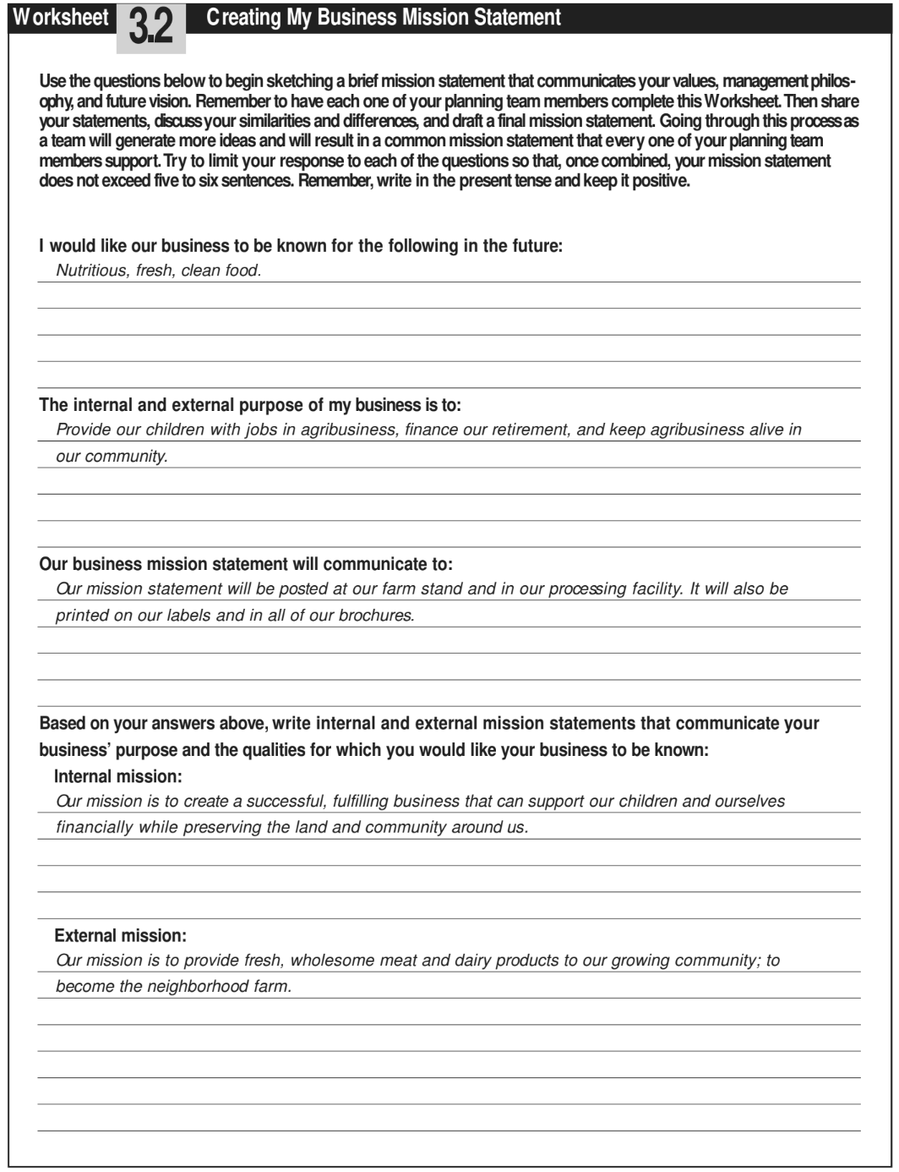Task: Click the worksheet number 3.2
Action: coord(150,27)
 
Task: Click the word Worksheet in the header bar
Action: coord(61,17)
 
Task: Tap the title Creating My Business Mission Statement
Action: coord(384,17)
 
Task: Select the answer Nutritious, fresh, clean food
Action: coord(158,271)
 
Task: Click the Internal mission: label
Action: coord(117,776)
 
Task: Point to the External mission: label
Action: coord(120,935)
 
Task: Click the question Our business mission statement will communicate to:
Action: coord(246,564)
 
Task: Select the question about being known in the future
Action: coord(301,246)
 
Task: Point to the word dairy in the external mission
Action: coord(472,961)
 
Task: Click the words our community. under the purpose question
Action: coord(112,457)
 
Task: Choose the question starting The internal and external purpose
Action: coord(250,405)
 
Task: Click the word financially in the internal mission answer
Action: coord(95,828)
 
